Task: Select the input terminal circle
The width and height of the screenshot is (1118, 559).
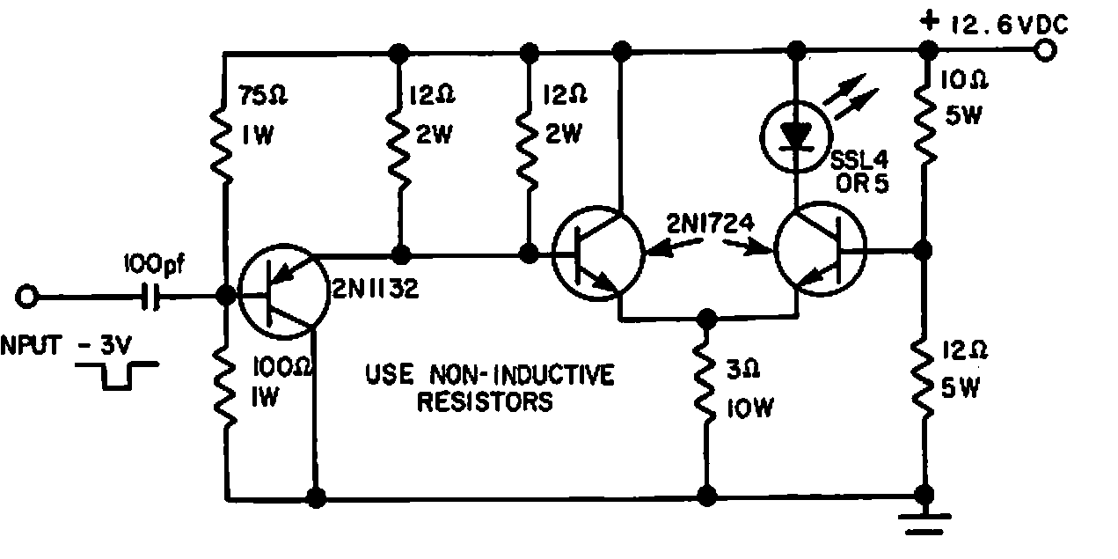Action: click(x=27, y=298)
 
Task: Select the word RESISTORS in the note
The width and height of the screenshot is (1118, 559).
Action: click(x=485, y=403)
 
